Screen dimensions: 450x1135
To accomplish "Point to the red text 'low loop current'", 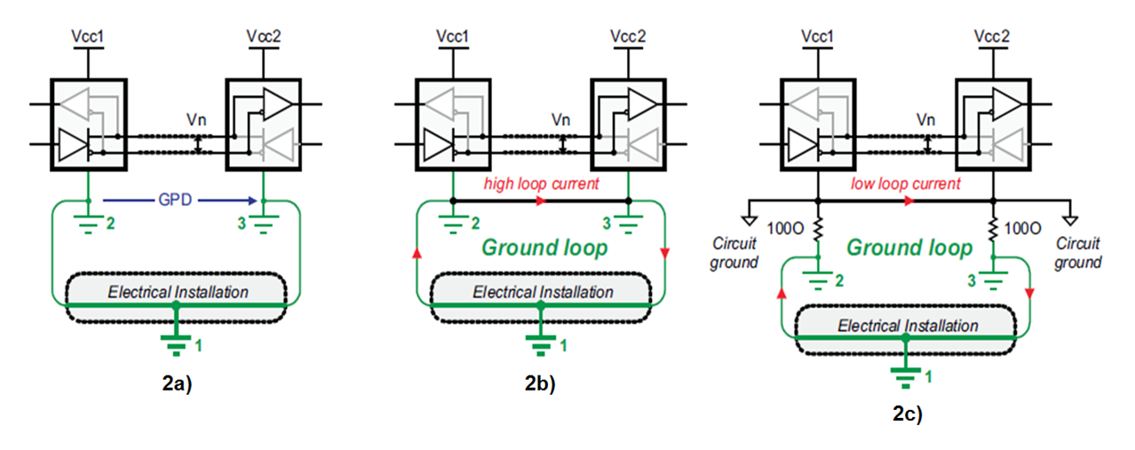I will coord(906,184).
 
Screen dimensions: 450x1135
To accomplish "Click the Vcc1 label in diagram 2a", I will coord(89,39).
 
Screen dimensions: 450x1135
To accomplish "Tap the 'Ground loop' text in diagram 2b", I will coord(544,248).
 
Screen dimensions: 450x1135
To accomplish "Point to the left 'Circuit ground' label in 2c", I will coord(734,253).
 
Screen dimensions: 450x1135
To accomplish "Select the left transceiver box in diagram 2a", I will coord(89,123).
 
